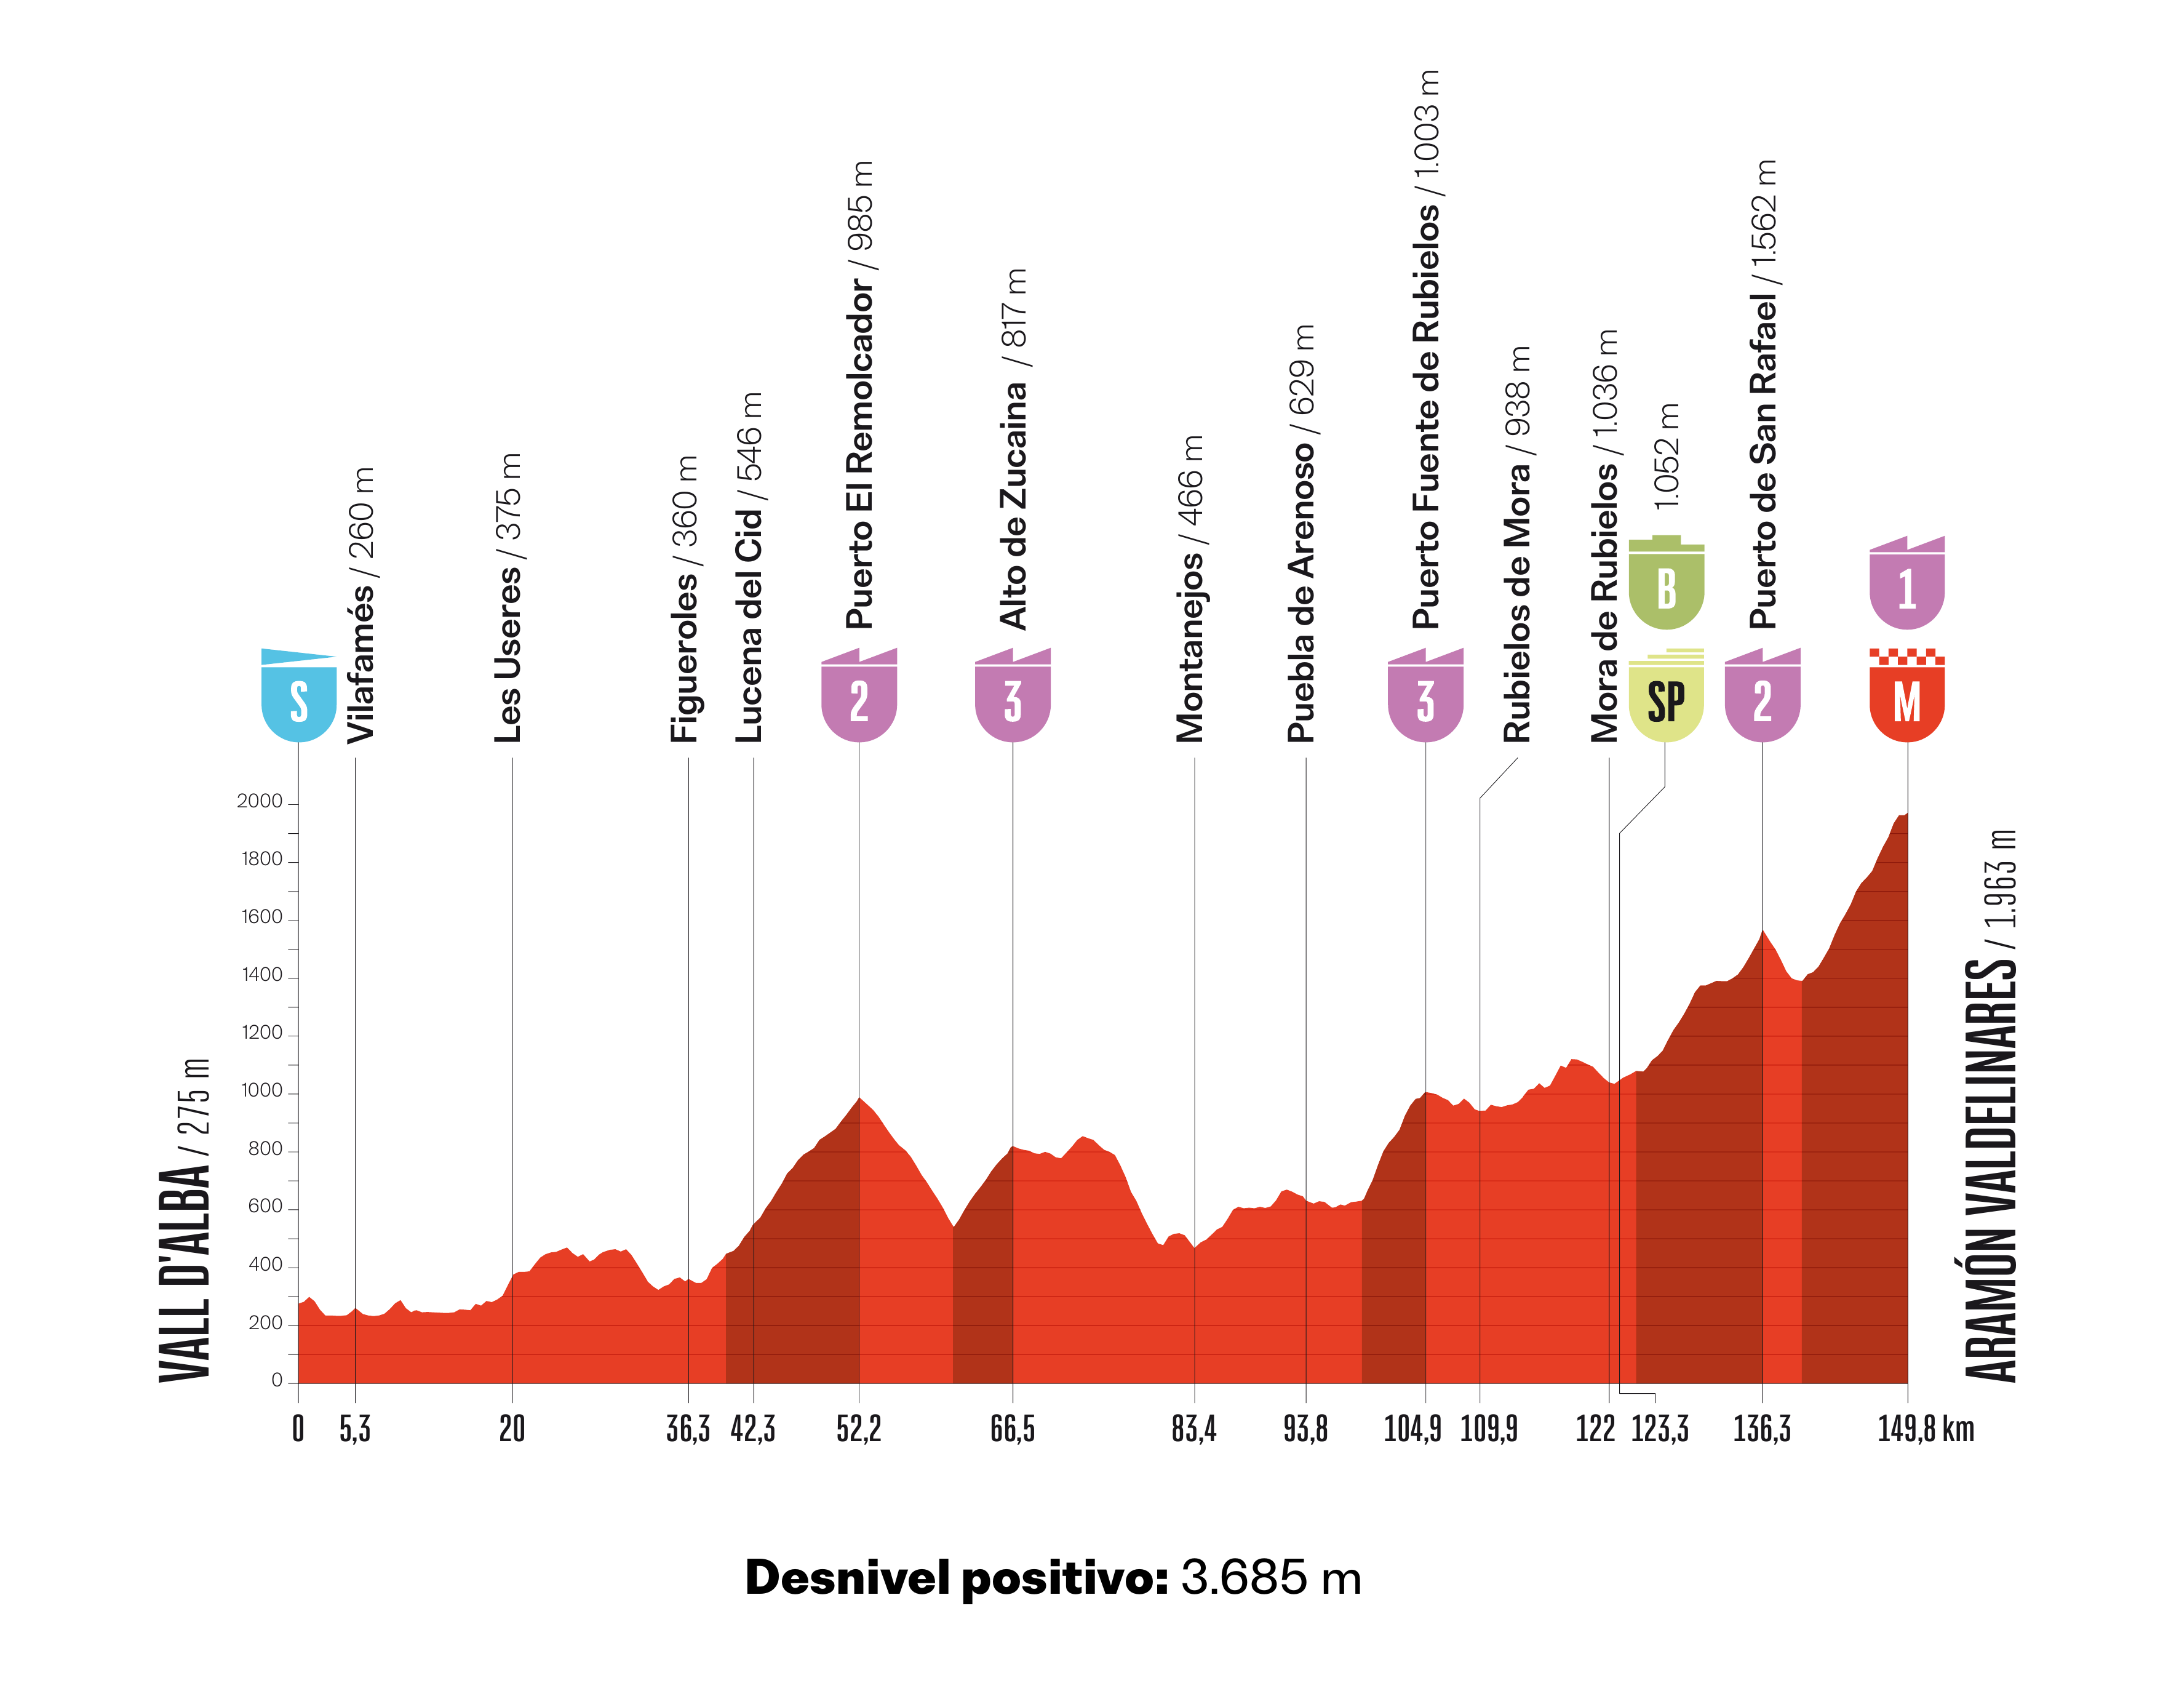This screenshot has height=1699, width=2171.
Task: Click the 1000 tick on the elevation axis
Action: (x=261, y=1091)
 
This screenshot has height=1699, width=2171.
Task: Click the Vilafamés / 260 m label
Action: (x=360, y=605)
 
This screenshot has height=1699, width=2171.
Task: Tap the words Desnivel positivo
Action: (x=956, y=1578)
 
